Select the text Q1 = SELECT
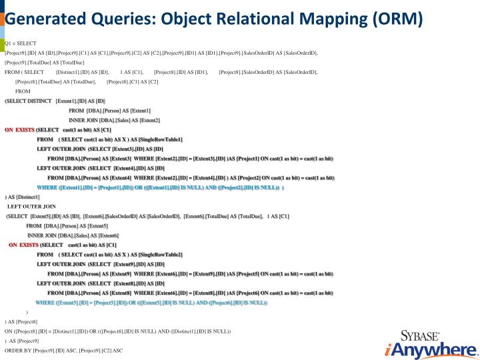[20, 43]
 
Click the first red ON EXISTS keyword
[19, 129]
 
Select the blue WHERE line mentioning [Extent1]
[160, 187]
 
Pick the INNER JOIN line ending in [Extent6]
[73, 235]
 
